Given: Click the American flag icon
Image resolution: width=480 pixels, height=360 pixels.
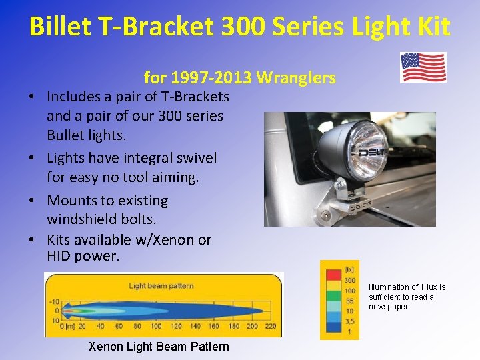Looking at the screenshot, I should [423, 67].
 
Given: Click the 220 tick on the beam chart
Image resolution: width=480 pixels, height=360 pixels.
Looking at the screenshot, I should [271, 326].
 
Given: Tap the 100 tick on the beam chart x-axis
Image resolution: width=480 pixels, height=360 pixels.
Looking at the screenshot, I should [155, 326].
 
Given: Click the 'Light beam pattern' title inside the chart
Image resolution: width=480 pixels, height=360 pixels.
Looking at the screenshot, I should [161, 286].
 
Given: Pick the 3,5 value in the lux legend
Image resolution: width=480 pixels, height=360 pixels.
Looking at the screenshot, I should [349, 321].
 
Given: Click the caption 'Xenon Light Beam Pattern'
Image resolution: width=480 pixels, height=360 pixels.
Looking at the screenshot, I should [159, 347].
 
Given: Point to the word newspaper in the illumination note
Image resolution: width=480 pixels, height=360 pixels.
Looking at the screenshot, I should [388, 307].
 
